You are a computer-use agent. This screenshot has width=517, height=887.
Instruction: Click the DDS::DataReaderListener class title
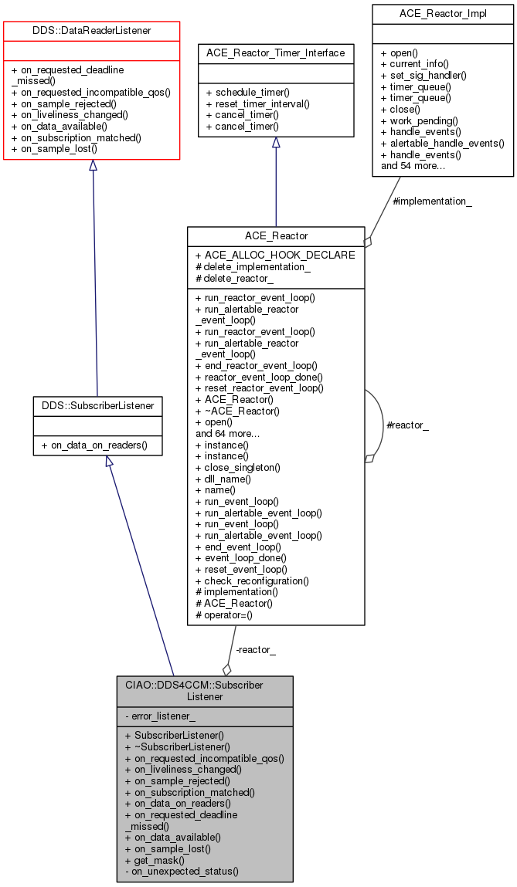pyautogui.click(x=92, y=31)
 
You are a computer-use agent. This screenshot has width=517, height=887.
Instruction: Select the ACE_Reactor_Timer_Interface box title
pyautogui.click(x=275, y=53)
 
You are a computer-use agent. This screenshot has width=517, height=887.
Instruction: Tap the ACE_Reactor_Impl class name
pyautogui.click(x=442, y=14)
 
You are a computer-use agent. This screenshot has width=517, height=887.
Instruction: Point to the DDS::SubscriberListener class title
pyautogui.click(x=97, y=405)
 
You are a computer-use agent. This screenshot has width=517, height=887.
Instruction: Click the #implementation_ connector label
pyautogui.click(x=433, y=201)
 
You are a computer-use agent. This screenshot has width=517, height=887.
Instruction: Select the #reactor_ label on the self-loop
pyautogui.click(x=406, y=425)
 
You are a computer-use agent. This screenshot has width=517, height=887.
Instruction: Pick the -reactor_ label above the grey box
pyautogui.click(x=255, y=650)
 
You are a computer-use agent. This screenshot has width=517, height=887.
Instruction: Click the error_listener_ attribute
pyautogui.click(x=163, y=716)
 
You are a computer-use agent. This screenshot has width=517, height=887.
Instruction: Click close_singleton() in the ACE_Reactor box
pyautogui.click(x=242, y=467)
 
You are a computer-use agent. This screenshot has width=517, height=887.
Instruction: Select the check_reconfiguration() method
pyautogui.click(x=256, y=581)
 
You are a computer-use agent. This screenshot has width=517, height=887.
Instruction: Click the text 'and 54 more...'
pyautogui.click(x=413, y=165)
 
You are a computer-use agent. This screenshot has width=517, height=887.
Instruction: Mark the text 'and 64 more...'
pyautogui.click(x=227, y=433)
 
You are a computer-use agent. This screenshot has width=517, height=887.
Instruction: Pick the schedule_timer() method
pyautogui.click(x=250, y=92)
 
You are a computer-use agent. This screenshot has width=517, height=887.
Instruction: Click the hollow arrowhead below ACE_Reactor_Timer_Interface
pyautogui.click(x=276, y=143)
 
